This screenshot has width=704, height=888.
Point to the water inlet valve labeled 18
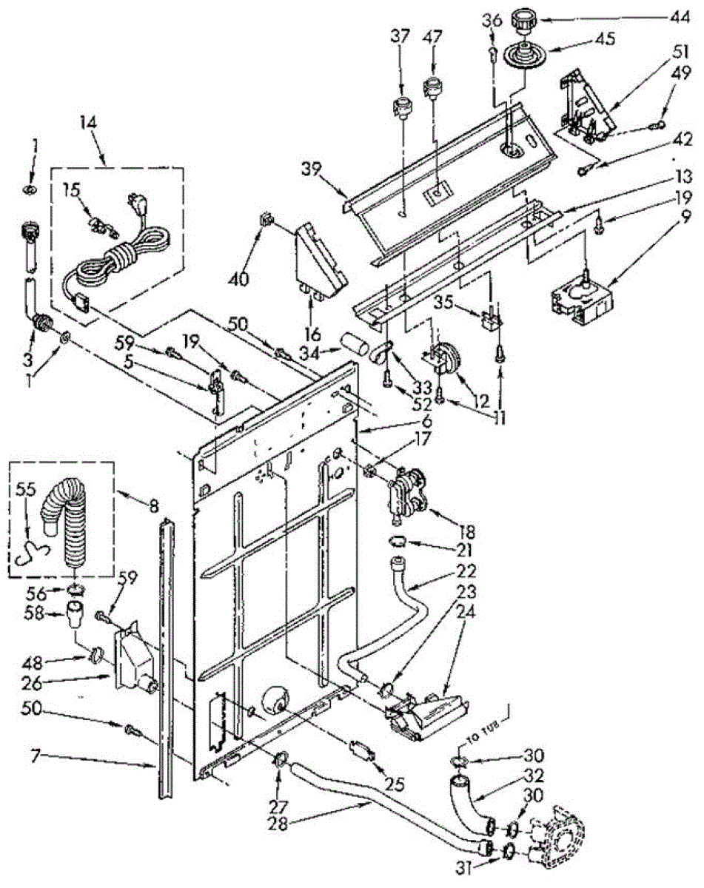(x=405, y=491)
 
